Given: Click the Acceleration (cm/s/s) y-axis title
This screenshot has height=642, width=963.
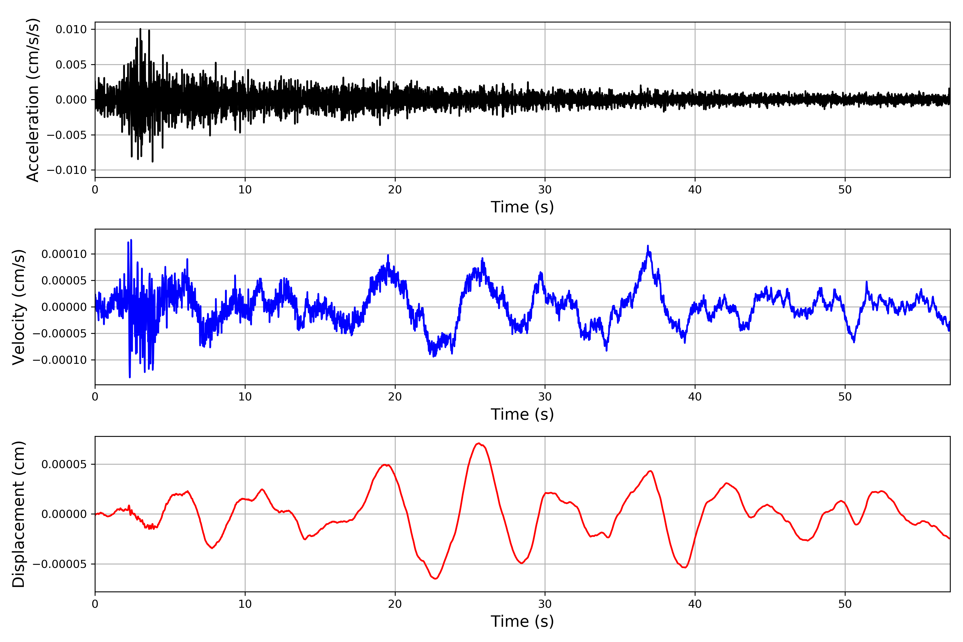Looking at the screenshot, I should [x=33, y=100].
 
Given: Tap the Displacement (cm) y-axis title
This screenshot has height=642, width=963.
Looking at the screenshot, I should [x=19, y=514].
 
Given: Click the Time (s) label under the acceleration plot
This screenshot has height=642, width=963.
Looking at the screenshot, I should [x=522, y=207].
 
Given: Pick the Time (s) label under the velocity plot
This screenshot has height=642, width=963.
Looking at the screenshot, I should [x=522, y=414].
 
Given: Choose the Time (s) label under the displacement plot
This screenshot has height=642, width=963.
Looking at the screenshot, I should [x=522, y=621].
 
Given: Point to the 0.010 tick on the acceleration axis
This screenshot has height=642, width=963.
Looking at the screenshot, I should [x=71, y=29].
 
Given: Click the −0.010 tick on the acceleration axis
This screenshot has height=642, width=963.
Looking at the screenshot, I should [x=67, y=170].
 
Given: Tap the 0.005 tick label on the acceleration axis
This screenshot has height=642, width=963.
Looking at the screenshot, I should [x=71, y=65].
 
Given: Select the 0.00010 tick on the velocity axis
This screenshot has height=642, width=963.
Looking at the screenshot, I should [x=64, y=254].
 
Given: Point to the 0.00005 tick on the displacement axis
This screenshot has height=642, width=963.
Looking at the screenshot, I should [x=64, y=464].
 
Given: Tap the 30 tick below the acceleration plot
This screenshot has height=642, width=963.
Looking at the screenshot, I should [x=545, y=190].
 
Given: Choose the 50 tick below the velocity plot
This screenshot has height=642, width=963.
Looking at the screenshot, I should [x=845, y=397].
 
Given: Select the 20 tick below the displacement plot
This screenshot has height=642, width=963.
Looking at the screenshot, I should [x=395, y=604].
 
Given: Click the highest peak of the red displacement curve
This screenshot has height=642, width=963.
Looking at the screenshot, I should [x=478, y=444].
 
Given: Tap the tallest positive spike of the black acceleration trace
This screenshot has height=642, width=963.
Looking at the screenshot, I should [x=140, y=29].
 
